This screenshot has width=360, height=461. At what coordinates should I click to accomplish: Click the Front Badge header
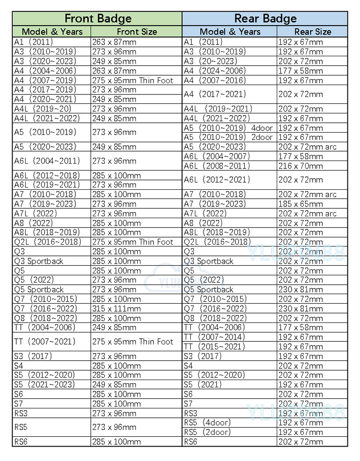[x=98, y=18]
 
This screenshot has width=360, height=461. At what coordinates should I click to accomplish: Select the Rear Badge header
[x=265, y=18]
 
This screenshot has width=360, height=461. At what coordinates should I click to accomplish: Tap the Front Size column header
[x=137, y=31]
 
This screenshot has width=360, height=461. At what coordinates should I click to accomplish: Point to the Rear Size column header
[x=313, y=31]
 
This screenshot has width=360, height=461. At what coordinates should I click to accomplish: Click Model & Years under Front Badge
[x=52, y=31]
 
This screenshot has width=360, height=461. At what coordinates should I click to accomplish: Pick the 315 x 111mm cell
[x=117, y=309]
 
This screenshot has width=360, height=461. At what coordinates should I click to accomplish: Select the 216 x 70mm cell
[x=301, y=166]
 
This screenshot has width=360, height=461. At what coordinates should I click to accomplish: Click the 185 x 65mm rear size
[x=301, y=204]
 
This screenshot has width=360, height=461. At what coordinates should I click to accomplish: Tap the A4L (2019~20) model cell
[x=43, y=108]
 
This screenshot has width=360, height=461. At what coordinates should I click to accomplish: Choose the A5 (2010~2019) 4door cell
[x=228, y=128]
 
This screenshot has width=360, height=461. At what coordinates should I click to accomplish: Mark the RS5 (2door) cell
[x=207, y=432]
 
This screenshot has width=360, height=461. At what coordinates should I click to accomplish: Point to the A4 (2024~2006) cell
[x=215, y=71]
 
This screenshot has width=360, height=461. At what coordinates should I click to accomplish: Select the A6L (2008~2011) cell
[x=217, y=166]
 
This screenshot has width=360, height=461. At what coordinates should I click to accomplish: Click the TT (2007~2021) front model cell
[x=45, y=341]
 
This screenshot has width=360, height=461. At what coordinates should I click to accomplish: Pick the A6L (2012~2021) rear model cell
[x=217, y=180]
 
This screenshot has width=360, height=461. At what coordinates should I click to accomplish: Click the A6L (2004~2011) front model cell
[x=47, y=161]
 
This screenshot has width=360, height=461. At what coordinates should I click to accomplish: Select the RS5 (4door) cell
[x=207, y=422]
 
